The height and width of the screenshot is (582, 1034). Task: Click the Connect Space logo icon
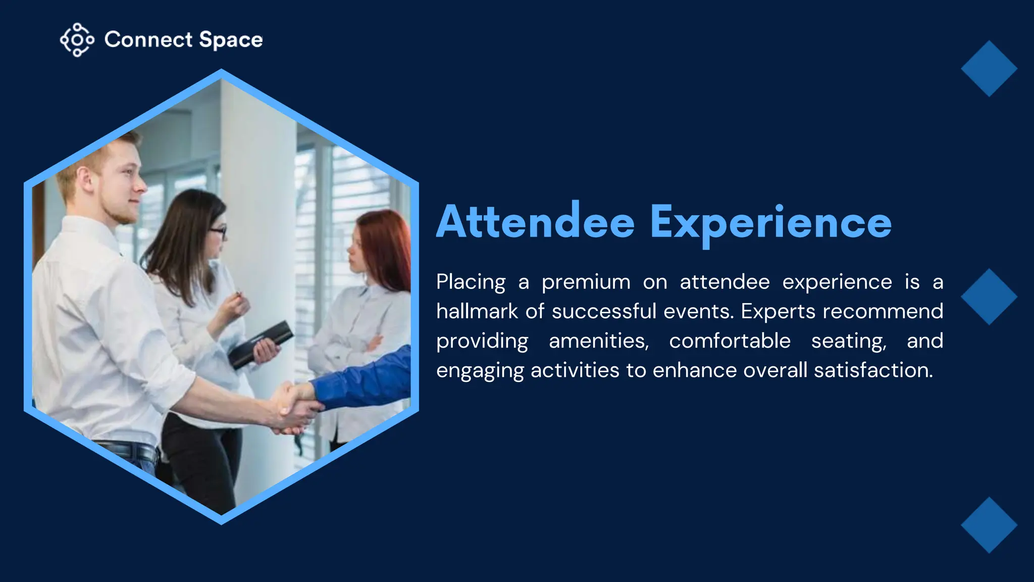coord(77,39)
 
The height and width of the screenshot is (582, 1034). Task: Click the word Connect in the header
coord(148,40)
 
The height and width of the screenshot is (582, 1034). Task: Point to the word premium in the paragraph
coord(586,282)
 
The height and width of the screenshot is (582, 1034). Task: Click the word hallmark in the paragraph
coord(477,311)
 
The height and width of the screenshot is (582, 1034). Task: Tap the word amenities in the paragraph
coord(598,341)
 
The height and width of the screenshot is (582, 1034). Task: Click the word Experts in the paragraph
coord(778,312)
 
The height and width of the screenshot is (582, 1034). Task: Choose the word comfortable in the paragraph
coord(730,341)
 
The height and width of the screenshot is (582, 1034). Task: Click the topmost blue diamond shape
coord(989,69)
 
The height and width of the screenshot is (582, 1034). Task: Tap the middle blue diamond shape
coord(989,297)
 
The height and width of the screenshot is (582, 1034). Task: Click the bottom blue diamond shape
coord(989,525)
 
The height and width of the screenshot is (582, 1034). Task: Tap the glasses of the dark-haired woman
coord(218,232)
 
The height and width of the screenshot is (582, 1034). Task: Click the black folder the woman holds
coord(260,344)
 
